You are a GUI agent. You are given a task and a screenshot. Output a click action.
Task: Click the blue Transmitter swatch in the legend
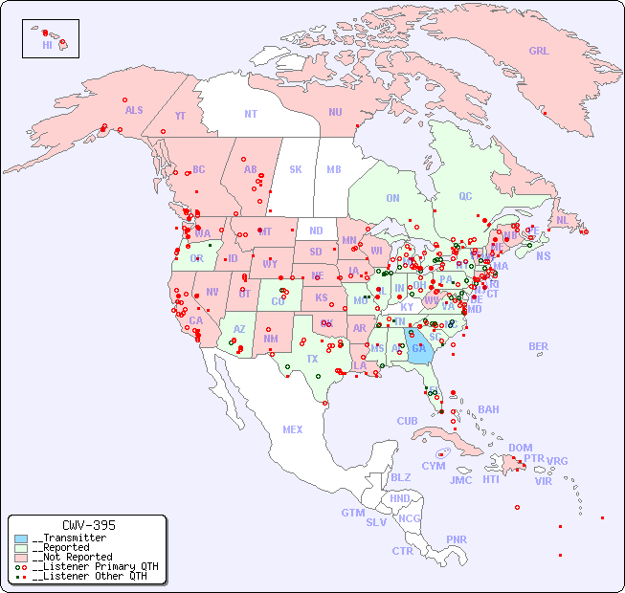pyautogui.click(x=21, y=538)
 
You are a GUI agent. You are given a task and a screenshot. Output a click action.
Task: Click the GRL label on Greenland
pyautogui.click(x=539, y=52)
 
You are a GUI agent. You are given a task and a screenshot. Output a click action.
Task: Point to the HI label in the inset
pyautogui.click(x=47, y=45)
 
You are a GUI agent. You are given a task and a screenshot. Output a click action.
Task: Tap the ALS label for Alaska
pyautogui.click(x=134, y=110)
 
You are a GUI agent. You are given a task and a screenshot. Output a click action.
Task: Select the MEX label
pyautogui.click(x=293, y=429)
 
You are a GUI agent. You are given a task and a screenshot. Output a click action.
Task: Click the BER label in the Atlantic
pyautogui.click(x=539, y=346)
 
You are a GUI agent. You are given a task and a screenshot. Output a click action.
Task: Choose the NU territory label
pyautogui.click(x=335, y=112)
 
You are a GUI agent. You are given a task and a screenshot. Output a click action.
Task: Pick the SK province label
pyautogui.click(x=296, y=169)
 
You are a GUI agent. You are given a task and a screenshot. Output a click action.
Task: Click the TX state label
pyautogui.click(x=312, y=359)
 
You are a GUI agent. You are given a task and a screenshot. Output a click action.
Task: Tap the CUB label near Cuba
pyautogui.click(x=408, y=421)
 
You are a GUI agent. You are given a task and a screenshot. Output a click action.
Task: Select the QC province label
pyautogui.click(x=465, y=196)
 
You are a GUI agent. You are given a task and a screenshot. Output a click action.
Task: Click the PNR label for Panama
pyautogui.click(x=457, y=539)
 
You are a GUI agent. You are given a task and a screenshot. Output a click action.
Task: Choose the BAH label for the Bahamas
pyautogui.click(x=488, y=409)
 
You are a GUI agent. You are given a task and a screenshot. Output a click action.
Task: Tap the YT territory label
pyautogui.click(x=180, y=116)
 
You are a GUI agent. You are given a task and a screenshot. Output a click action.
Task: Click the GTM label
pyautogui.click(x=353, y=513)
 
